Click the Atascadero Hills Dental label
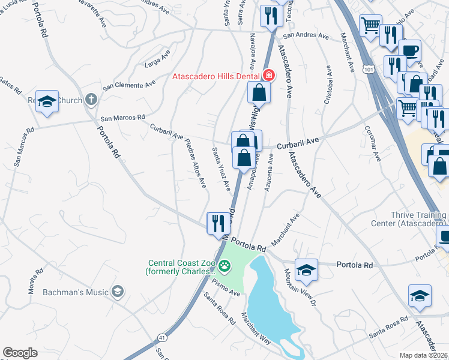click(x=217, y=76)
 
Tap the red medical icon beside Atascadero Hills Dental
click(x=269, y=76)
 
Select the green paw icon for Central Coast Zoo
click(x=224, y=265)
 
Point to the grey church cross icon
click(x=91, y=99)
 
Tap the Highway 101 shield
click(x=367, y=70)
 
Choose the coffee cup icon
click(x=410, y=50)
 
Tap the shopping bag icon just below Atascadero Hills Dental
click(x=259, y=92)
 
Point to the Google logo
click(x=20, y=352)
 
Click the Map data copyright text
click(x=424, y=355)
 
